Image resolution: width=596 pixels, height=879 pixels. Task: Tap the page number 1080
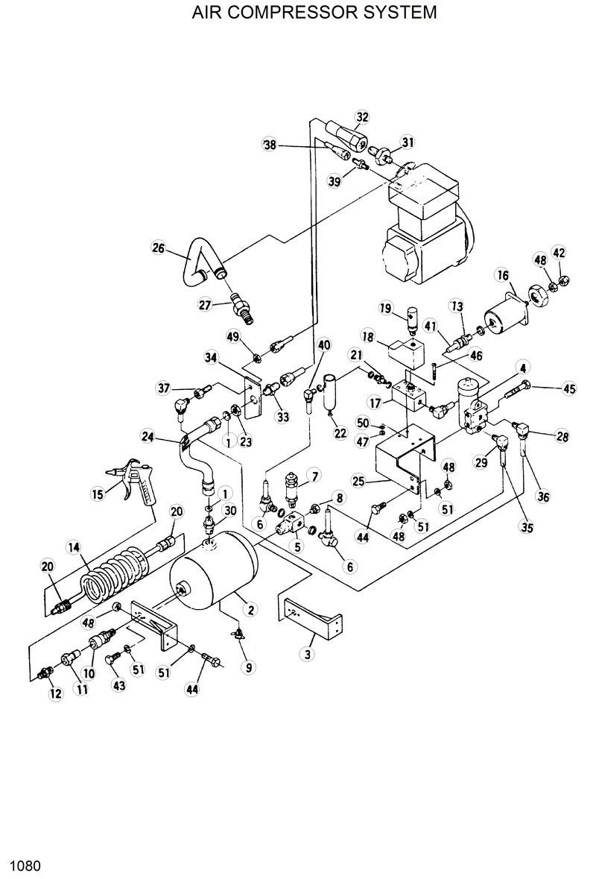coord(25,866)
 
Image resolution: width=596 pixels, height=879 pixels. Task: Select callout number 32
coord(362,118)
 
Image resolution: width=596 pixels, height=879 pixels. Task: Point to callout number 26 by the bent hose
coord(158,248)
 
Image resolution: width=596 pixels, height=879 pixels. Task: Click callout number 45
coord(569,388)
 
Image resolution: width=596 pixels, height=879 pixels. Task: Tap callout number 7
coord(314,476)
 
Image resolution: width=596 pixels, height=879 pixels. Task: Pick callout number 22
coord(340,434)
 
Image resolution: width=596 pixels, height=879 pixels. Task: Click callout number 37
coord(164,387)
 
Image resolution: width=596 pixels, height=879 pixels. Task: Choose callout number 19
coord(386,308)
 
